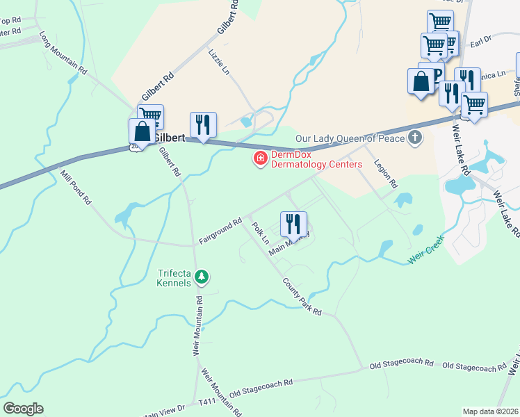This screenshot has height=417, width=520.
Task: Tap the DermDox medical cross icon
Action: click(261, 160)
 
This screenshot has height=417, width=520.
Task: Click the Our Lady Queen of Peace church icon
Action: click(415, 138)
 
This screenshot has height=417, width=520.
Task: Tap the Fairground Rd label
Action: click(220, 231)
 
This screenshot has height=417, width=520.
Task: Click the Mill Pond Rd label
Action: click(76, 188)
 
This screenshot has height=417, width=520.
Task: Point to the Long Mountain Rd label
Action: click(63, 52)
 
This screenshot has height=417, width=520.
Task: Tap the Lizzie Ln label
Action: click(218, 60)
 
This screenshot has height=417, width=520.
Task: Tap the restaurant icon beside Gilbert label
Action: click(203, 124)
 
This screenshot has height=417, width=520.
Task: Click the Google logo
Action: click(23, 409)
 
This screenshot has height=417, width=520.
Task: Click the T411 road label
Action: click(207, 402)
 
